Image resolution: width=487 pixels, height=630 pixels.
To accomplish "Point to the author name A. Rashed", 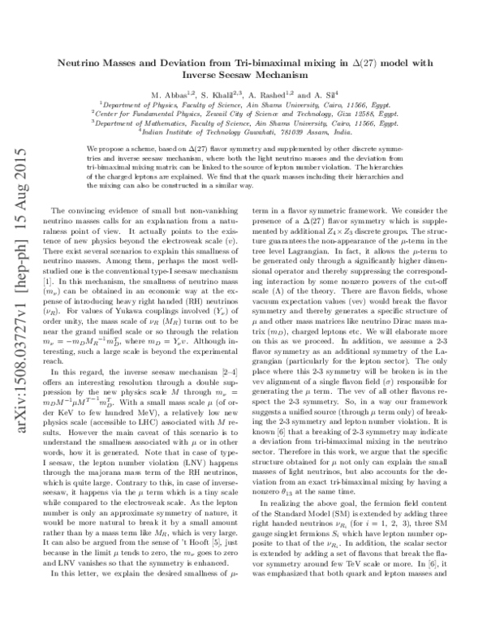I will click(293, 94).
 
